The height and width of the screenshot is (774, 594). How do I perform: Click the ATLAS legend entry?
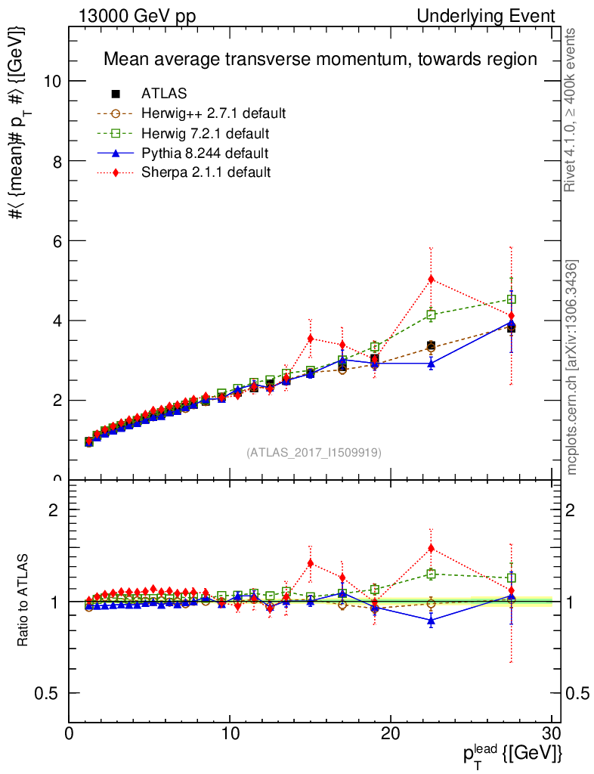[164, 94]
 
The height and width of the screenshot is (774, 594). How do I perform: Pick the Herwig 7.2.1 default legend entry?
[206, 134]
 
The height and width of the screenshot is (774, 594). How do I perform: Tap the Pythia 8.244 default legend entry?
[205, 153]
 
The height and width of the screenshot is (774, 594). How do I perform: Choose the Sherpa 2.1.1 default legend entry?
[206, 173]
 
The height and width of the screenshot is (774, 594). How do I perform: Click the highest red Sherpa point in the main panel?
[431, 279]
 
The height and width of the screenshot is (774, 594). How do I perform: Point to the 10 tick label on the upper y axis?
[51, 82]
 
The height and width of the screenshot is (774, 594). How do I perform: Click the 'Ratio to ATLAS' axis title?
[23, 601]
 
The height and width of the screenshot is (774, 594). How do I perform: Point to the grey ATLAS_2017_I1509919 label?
[314, 453]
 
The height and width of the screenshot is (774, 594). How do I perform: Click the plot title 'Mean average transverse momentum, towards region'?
[320, 59]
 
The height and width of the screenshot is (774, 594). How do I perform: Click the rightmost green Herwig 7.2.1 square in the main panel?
[512, 299]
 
